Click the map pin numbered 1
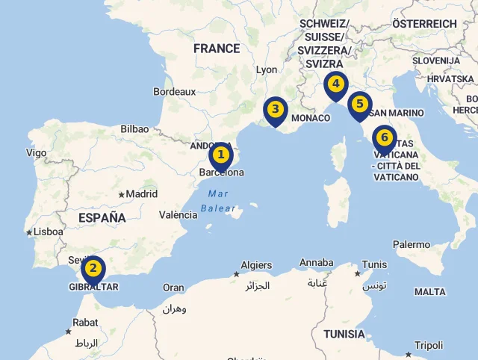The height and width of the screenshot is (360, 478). coord(220,155)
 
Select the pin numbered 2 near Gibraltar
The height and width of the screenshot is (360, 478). coord(93,268)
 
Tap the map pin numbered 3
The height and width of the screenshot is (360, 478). coord(275,110)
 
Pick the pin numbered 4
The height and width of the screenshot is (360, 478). coord(336,84)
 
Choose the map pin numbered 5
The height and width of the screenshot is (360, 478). coord(360,104)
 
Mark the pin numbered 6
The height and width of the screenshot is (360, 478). coord(384,137)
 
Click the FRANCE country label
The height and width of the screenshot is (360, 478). coord(217,49)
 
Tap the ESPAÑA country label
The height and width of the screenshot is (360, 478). coord(102,217)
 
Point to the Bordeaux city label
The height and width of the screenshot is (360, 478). coord(174,92)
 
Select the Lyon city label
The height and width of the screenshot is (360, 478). coord(267,69)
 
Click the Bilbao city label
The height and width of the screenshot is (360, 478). coord(134,129)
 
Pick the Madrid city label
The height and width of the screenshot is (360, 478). coord(141,194)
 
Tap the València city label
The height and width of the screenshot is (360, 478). coord(179,215)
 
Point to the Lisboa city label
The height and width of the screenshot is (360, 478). coord(49,232)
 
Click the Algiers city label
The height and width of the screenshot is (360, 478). coord(256,265)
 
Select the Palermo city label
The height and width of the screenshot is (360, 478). coord(412,244)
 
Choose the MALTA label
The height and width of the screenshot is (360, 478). coord(429,292)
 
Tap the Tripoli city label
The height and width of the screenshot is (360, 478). coord(429,345)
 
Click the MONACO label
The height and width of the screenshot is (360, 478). coord(311,118)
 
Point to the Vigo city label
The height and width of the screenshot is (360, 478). coord(36,153)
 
